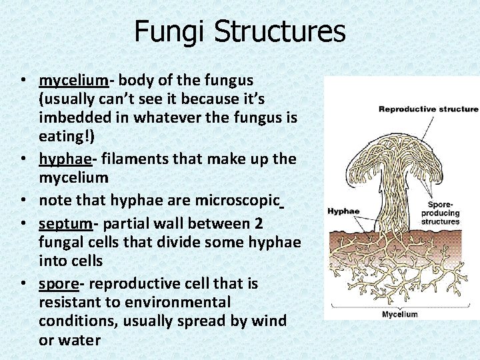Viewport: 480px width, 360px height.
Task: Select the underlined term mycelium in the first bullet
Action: coord(73,81)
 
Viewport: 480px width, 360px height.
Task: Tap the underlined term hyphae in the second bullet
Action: coord(65,159)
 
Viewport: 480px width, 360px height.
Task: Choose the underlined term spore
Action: coord(58,283)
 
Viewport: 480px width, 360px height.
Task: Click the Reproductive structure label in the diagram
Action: coord(428,109)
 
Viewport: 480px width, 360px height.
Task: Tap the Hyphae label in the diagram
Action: coord(343,211)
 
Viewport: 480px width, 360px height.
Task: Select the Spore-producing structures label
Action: coord(440,213)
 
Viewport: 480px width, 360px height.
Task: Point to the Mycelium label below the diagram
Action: coord(399,314)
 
